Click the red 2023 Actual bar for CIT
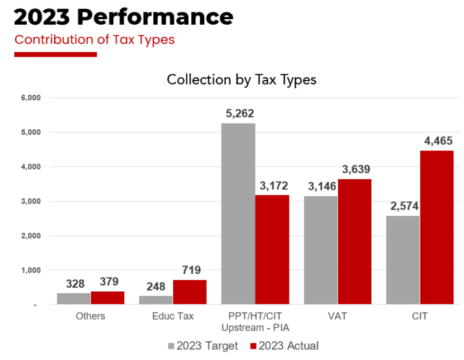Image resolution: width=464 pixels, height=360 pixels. [x=437, y=227]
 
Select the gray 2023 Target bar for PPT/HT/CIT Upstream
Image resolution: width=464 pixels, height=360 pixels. [x=238, y=213]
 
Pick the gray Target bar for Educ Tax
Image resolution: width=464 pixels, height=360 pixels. [x=156, y=300]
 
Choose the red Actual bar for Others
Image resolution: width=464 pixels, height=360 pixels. [x=108, y=298]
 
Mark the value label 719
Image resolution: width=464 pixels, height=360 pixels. [x=191, y=270]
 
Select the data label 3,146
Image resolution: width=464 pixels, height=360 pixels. [x=320, y=186]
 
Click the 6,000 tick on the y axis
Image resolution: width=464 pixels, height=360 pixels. [x=30, y=98]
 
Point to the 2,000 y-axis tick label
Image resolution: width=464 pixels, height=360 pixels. [x=30, y=236]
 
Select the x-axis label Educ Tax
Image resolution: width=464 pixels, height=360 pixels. [x=173, y=316]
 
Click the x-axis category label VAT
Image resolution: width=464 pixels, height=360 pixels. [x=338, y=316]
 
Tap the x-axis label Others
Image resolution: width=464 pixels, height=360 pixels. [x=91, y=316]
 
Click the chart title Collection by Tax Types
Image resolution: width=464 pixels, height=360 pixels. [x=242, y=80]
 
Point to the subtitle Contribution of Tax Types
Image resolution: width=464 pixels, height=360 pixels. [x=95, y=40]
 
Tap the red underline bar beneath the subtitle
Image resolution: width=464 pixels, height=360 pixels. [x=56, y=54]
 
